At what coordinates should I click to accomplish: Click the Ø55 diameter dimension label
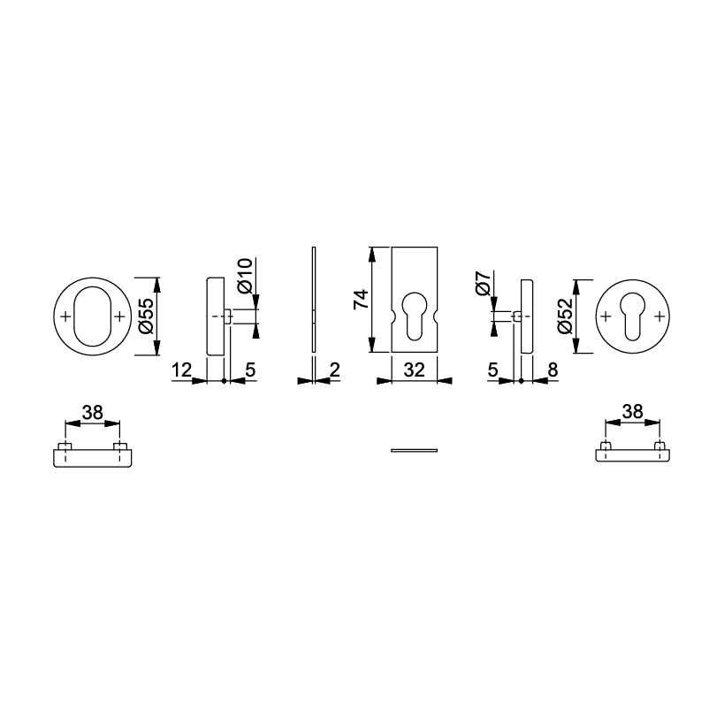[x=147, y=316]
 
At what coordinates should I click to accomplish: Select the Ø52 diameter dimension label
[x=565, y=316]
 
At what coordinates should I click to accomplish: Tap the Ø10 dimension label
[x=245, y=277]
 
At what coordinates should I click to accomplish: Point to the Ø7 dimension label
[x=483, y=284]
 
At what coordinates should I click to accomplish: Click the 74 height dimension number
[x=362, y=300]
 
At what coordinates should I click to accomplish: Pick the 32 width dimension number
[x=415, y=370]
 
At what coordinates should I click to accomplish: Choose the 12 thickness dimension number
[x=182, y=370]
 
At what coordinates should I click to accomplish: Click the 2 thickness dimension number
[x=334, y=370]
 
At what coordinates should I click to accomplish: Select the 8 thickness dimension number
[x=553, y=370]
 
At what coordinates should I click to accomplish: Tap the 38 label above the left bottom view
[x=93, y=412]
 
